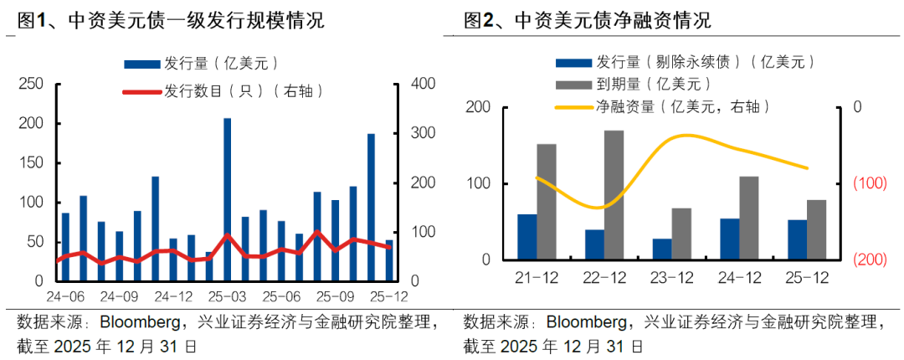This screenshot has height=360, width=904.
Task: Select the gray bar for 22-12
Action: point(614,195)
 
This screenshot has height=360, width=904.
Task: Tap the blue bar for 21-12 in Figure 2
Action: point(527,237)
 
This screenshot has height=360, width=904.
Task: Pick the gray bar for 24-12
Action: point(749,218)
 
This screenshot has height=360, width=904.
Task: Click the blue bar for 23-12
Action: point(663,249)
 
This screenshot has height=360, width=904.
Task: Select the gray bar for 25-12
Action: point(816,229)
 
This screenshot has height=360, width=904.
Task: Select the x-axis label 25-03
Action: point(226,296)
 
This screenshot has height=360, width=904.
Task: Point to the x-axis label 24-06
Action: point(65,296)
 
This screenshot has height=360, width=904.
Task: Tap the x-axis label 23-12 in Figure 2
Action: point(672,278)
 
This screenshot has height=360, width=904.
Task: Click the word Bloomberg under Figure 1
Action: point(141,322)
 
